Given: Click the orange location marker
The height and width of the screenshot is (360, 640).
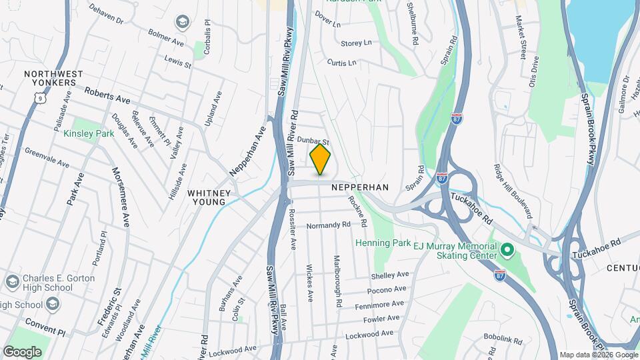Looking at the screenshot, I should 321,161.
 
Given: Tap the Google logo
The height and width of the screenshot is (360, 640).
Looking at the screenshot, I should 22,351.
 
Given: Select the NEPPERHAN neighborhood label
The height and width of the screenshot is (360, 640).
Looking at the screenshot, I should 360,188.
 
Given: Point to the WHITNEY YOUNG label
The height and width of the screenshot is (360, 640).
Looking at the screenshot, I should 209,197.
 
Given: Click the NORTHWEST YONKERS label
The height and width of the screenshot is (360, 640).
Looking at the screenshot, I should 53,79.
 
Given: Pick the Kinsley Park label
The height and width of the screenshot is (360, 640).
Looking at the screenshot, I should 89,133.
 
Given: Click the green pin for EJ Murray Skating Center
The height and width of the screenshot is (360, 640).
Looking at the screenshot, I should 507,251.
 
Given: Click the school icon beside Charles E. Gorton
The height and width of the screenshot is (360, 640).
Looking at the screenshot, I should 11,282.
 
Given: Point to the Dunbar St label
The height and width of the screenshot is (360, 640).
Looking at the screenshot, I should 314,141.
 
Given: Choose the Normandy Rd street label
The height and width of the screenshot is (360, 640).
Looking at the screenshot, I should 328,226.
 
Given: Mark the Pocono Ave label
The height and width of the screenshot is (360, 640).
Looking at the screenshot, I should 387,290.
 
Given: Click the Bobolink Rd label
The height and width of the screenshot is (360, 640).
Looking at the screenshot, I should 503,340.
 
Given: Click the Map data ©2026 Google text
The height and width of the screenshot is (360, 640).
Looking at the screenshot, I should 598,355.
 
